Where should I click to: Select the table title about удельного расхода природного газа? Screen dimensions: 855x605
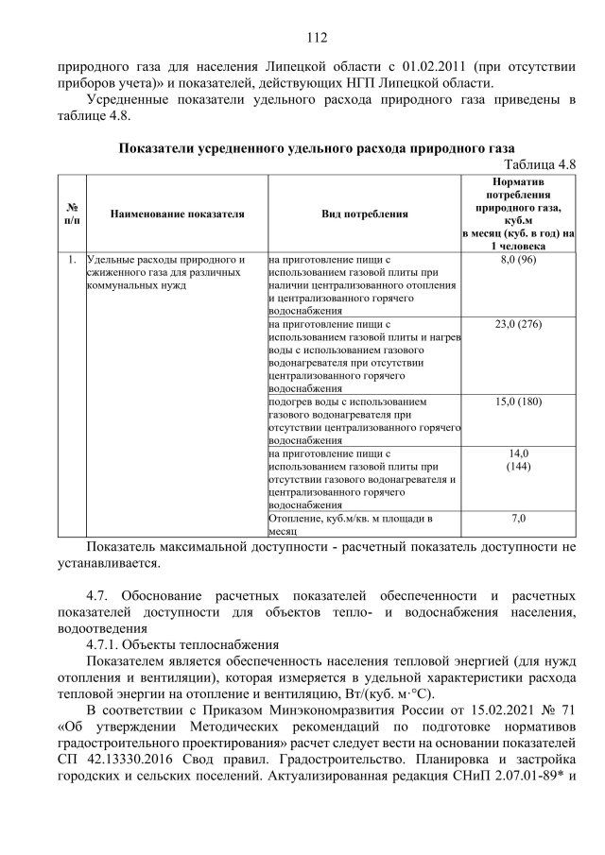pyautogui.click(x=317, y=148)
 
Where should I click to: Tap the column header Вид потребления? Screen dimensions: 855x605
pyautogui.click(x=365, y=214)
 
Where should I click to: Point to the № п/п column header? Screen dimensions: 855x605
pyautogui.click(x=72, y=214)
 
